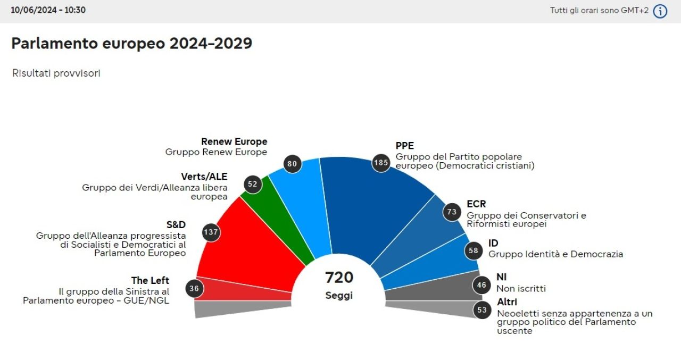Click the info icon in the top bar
coord(660,11)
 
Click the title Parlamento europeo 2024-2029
coord(131,44)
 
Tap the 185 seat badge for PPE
coord(381,163)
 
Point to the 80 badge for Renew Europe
coord(292,164)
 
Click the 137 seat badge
coord(211,232)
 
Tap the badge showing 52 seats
coord(252,185)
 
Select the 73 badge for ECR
coord(452,212)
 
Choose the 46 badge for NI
coord(481,285)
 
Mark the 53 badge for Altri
coord(482,310)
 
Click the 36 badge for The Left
coord(194,289)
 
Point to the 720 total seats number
coord(339,278)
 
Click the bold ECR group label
coord(476,204)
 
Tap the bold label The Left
coord(150,280)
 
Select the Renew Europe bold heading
coord(234,142)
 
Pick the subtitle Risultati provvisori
coord(56,73)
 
